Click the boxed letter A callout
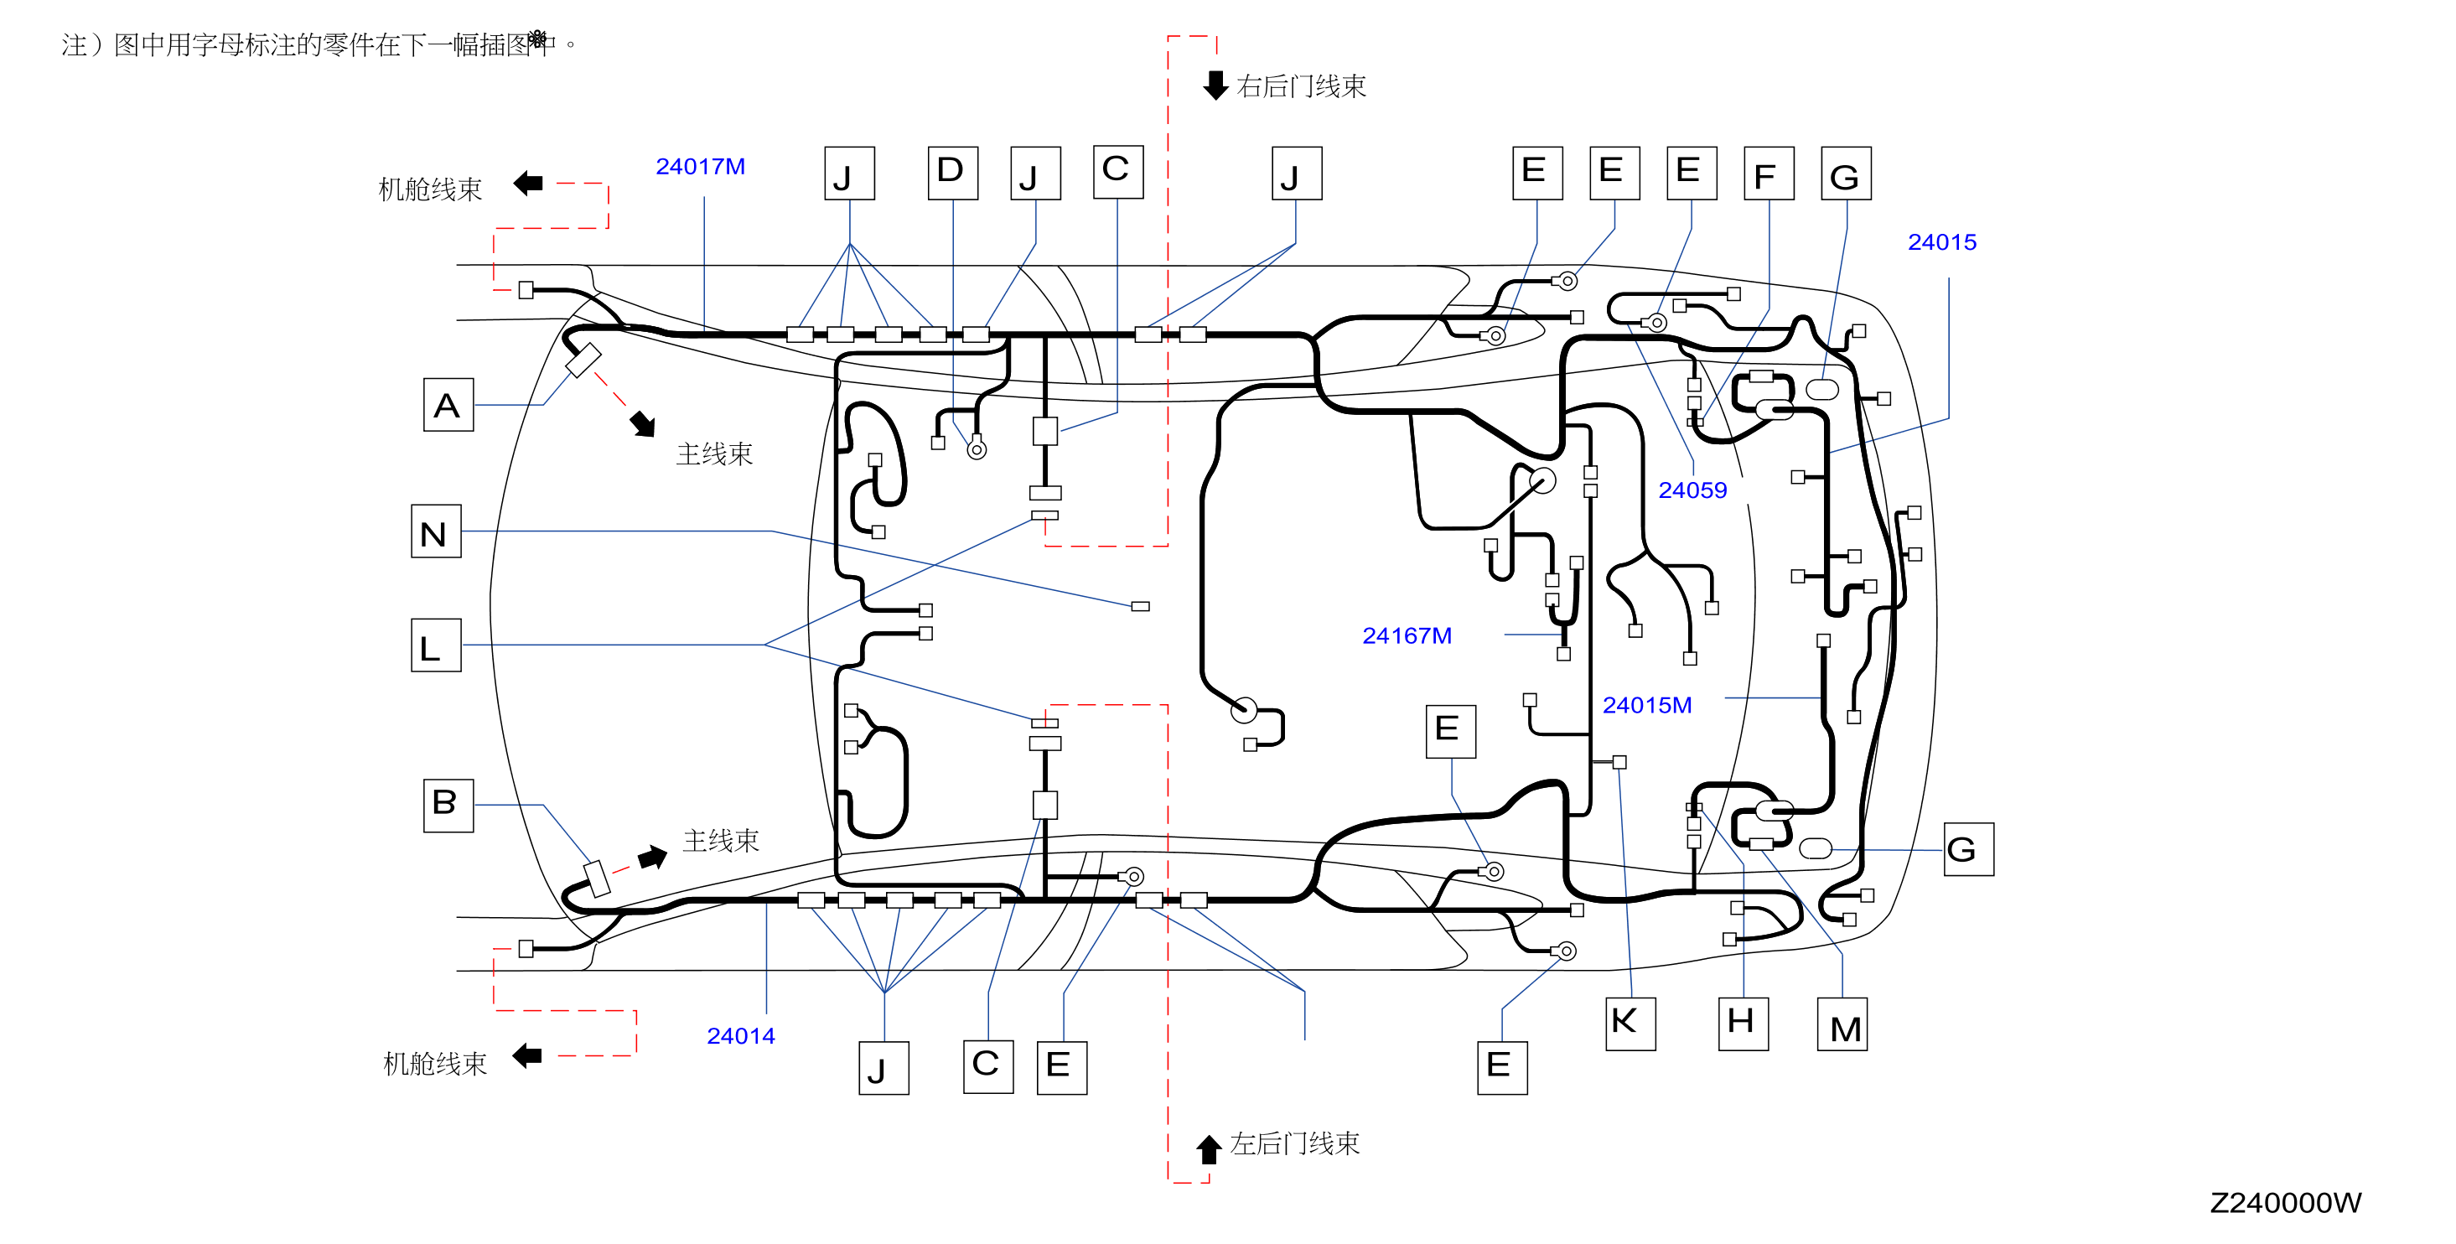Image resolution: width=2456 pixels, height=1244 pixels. coord(448,404)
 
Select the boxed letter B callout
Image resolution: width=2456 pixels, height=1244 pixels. coord(448,805)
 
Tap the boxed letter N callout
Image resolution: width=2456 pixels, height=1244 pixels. coord(436,531)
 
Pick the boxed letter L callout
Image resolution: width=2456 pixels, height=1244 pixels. coord(436,645)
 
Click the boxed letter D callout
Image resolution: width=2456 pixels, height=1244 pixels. coord(952,173)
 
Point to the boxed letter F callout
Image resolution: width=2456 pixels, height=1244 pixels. coord(1769,173)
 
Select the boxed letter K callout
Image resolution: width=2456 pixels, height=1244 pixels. coord(1630,1024)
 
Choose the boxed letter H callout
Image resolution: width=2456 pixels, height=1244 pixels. coord(1743,1024)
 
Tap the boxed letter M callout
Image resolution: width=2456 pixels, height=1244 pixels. coord(1842,1024)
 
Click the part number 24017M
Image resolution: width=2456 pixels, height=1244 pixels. coord(700,167)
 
